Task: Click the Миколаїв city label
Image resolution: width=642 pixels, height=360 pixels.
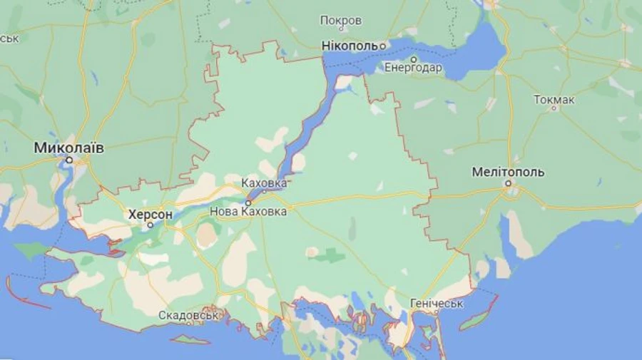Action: click(69, 148)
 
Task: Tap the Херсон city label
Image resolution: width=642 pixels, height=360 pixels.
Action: click(151, 214)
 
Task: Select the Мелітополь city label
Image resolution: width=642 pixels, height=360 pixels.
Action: click(509, 172)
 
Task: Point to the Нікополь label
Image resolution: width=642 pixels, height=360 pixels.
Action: click(350, 46)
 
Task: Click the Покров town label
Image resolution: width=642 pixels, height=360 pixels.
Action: click(341, 21)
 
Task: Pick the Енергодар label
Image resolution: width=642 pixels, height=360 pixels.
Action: click(413, 68)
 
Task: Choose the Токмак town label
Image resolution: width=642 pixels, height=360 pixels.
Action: click(554, 99)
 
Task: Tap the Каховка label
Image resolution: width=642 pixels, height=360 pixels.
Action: click(264, 183)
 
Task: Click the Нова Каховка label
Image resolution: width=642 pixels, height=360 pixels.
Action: click(248, 212)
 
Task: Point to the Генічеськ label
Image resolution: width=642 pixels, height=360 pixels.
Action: click(437, 304)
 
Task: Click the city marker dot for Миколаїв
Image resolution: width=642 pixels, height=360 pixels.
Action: click(69, 160)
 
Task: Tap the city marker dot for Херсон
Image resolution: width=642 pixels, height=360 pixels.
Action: click(151, 225)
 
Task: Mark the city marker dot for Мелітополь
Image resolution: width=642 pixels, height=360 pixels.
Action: click(509, 183)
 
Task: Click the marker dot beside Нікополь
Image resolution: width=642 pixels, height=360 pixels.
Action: click(382, 46)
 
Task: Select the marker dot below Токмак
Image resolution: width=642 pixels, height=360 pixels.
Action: click(554, 108)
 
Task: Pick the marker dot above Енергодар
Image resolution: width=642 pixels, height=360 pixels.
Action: click(413, 59)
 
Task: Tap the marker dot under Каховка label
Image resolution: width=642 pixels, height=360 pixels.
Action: click(264, 191)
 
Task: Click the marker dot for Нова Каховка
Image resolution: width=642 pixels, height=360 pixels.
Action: click(248, 202)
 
